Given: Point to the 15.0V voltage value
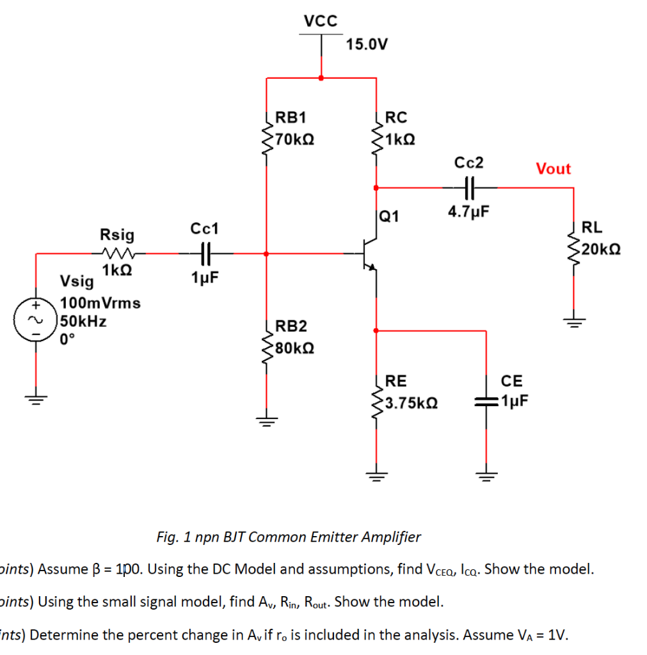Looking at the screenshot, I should click(x=366, y=45).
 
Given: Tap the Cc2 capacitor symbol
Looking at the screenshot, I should click(x=469, y=187).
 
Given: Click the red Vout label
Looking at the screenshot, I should click(x=553, y=169).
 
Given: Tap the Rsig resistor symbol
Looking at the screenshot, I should click(x=117, y=253).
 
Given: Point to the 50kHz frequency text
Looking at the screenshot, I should click(x=83, y=321).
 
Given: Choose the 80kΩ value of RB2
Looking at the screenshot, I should click(x=294, y=349).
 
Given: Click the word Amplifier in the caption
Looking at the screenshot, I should click(x=392, y=537).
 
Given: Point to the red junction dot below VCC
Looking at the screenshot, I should click(x=321, y=78).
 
